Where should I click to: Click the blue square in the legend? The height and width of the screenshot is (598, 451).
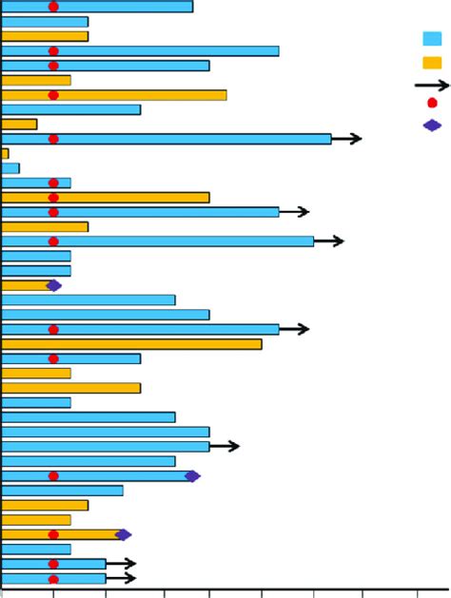click(432, 39)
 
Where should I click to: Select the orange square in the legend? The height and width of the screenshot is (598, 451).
click(432, 63)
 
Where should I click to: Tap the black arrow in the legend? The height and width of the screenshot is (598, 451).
click(432, 86)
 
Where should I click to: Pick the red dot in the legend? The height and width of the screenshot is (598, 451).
click(432, 103)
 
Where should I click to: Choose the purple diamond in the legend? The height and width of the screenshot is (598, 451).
click(432, 125)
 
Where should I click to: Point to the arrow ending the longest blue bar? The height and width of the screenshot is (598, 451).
click(347, 139)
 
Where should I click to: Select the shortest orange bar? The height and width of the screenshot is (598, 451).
click(5, 153)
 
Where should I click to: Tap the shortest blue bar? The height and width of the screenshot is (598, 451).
click(10, 168)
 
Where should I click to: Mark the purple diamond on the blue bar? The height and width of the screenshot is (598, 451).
click(192, 476)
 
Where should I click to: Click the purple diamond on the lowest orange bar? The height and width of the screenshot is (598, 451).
click(123, 535)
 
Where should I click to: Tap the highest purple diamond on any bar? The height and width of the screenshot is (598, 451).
click(53, 285)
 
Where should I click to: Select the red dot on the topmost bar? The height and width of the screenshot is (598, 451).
click(53, 7)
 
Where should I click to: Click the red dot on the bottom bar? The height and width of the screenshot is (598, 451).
click(53, 579)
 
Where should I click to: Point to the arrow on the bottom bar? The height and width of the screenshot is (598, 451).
click(122, 579)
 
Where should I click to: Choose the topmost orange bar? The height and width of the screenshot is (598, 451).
click(45, 36)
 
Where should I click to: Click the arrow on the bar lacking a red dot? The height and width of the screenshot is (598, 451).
click(225, 446)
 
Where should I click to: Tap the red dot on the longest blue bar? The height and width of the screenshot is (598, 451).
click(53, 139)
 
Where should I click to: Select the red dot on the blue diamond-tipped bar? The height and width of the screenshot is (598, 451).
click(53, 476)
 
